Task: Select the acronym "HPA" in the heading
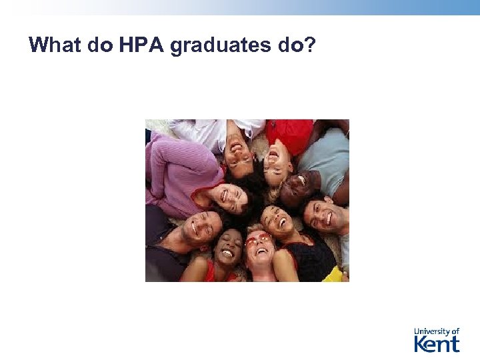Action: pyautogui.click(x=136, y=45)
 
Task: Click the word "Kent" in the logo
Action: pyautogui.click(x=437, y=344)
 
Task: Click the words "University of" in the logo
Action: pyautogui.click(x=437, y=331)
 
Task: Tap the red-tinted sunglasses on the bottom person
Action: pyautogui.click(x=257, y=240)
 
